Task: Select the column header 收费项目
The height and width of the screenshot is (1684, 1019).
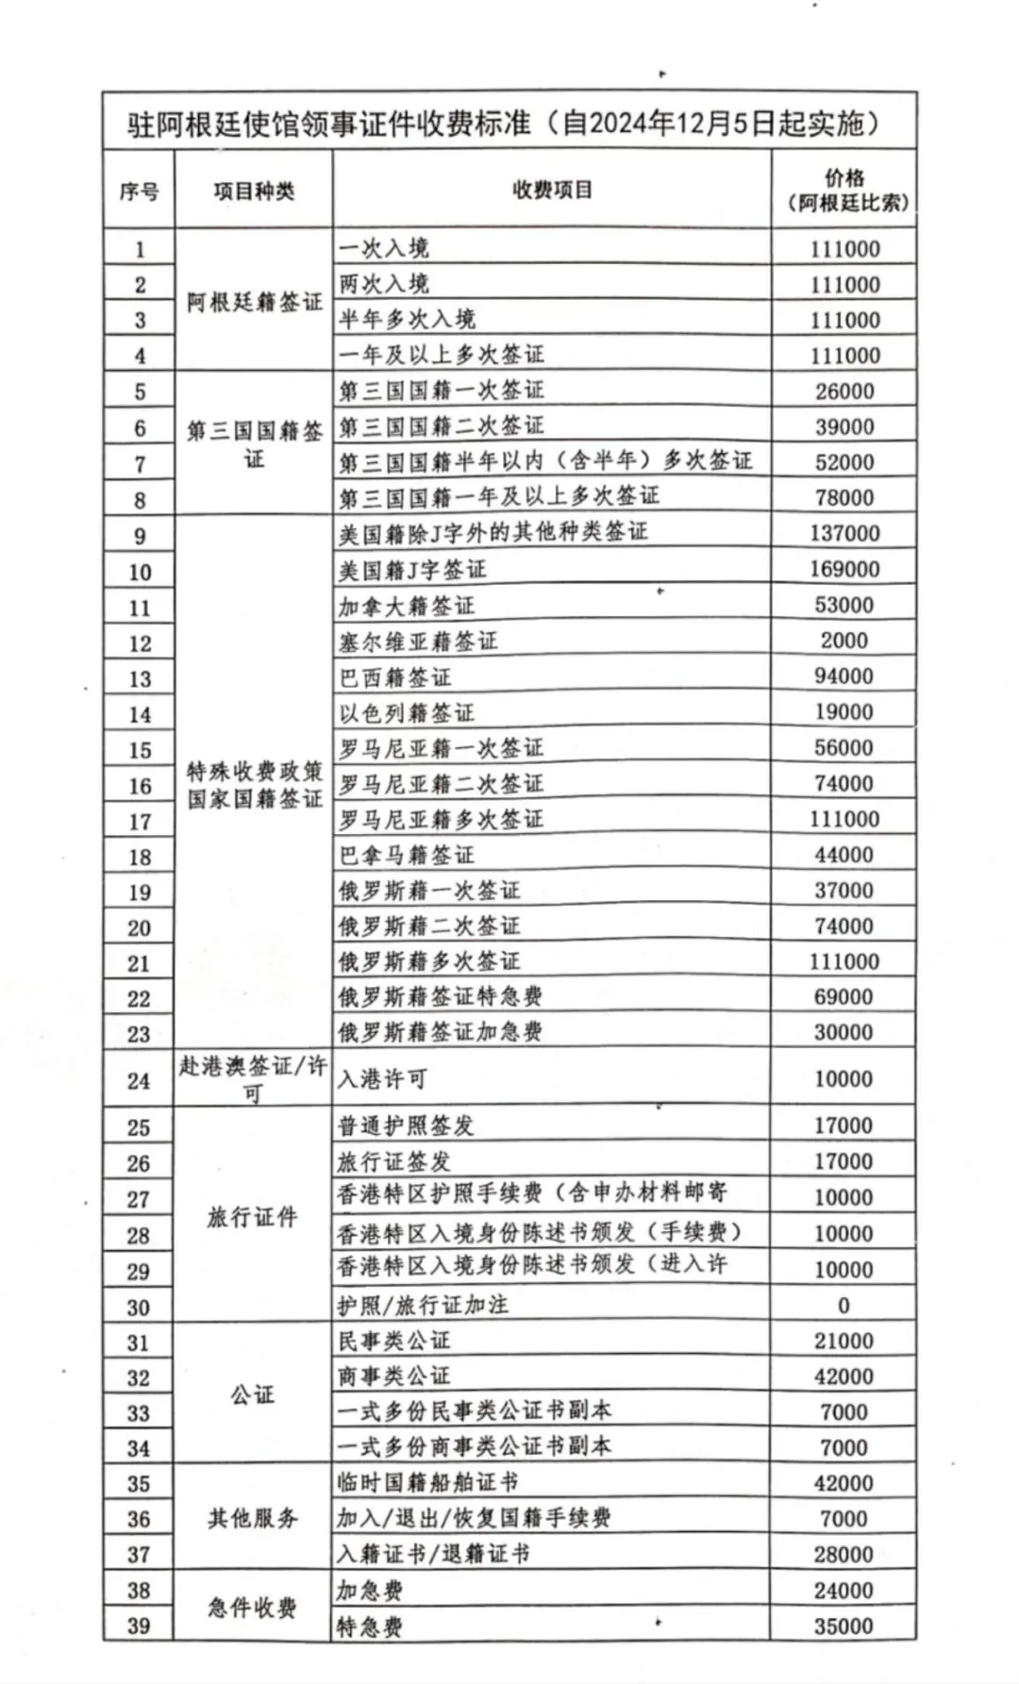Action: pyautogui.click(x=552, y=190)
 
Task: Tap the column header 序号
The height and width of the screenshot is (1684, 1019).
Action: pyautogui.click(x=139, y=192)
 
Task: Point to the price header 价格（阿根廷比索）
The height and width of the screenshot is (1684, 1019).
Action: pyautogui.click(x=844, y=190)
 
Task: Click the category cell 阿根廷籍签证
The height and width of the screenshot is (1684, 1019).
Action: pyautogui.click(x=254, y=302)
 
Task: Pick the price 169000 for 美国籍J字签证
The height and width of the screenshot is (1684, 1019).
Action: pyautogui.click(x=844, y=569)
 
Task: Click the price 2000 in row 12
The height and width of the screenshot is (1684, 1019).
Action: pyautogui.click(x=844, y=641)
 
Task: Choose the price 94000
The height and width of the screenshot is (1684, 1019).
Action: pyautogui.click(x=844, y=676)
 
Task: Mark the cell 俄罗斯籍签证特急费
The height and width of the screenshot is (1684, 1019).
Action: pyautogui.click(x=441, y=996)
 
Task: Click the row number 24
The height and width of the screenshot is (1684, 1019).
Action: pyautogui.click(x=139, y=1080)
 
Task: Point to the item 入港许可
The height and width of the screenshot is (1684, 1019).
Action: pyautogui.click(x=383, y=1079)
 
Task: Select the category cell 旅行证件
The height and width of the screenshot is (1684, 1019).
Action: pyautogui.click(x=253, y=1217)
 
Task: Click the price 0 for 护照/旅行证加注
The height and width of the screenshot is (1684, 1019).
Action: pyautogui.click(x=844, y=1306)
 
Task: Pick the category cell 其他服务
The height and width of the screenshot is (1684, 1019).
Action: pyautogui.click(x=253, y=1518)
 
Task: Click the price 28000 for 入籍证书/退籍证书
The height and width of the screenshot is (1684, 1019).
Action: pyautogui.click(x=844, y=1554)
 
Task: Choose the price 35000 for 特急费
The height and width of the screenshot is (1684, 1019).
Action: pyautogui.click(x=844, y=1626)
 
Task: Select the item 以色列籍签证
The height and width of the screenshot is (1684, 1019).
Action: pyautogui.click(x=407, y=712)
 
